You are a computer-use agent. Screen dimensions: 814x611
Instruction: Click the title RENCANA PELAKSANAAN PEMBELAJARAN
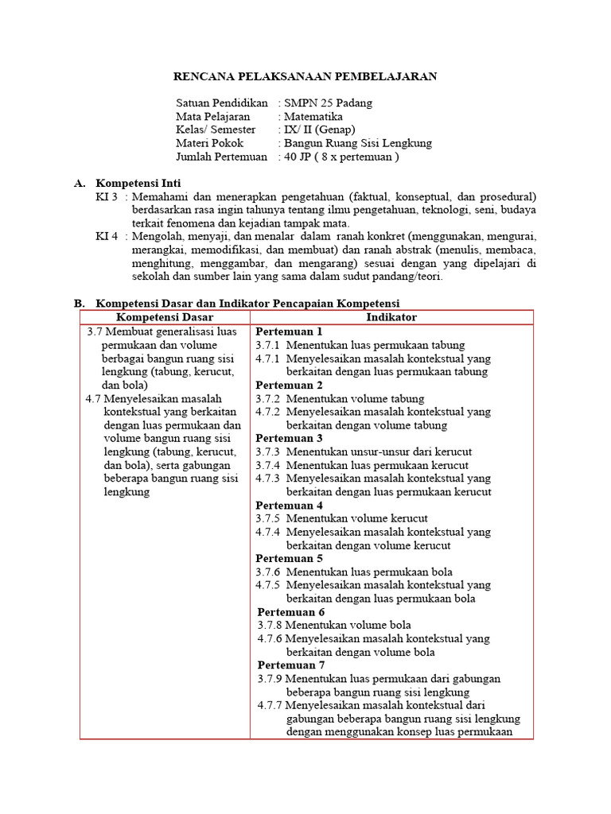[x=305, y=76]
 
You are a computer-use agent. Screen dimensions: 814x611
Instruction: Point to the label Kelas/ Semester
[x=216, y=130]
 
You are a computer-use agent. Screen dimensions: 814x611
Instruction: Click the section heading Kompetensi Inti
[x=138, y=183]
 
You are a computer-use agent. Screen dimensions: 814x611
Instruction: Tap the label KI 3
[x=107, y=196]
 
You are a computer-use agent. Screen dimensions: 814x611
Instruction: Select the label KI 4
[x=107, y=237]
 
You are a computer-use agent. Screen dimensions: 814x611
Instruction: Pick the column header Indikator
[x=391, y=317]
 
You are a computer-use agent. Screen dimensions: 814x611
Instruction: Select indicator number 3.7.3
[x=268, y=452]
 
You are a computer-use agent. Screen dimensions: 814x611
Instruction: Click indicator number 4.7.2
[x=268, y=412]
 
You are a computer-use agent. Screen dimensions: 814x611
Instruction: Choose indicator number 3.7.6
[x=268, y=572]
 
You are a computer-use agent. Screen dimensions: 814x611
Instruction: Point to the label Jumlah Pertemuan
[x=221, y=157]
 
